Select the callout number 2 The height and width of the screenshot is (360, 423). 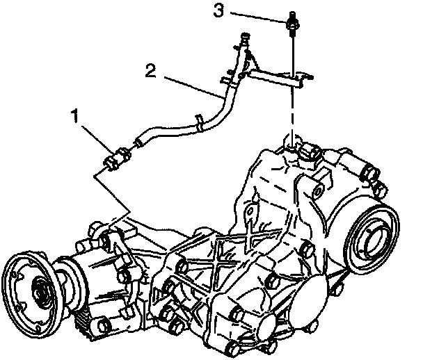151,69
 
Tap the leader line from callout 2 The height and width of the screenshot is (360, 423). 188,85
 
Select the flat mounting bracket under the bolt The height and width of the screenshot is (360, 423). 275,75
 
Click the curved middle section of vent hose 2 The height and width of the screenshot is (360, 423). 216,111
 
